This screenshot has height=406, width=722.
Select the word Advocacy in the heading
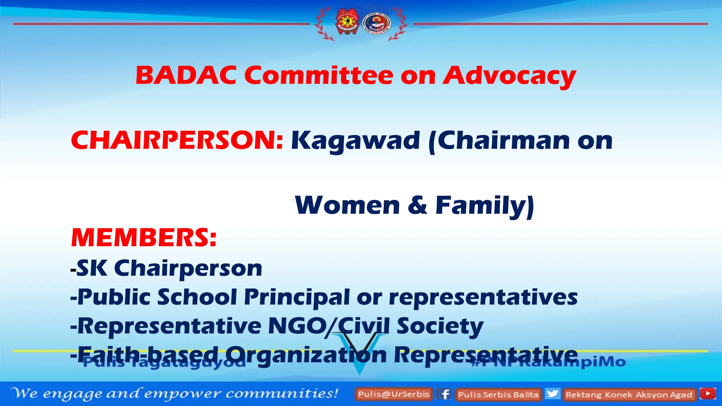click(509, 76)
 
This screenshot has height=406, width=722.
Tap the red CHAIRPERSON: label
click(177, 140)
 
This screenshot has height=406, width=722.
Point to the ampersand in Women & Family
click(417, 205)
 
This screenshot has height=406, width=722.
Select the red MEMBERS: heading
click(144, 238)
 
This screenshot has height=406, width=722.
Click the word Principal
click(297, 297)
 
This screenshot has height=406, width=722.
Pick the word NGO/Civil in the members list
click(329, 326)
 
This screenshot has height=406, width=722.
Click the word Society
click(440, 326)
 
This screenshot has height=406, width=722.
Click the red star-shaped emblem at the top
click(347, 22)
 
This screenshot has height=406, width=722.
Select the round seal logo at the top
click(377, 23)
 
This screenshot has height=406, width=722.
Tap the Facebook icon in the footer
click(445, 394)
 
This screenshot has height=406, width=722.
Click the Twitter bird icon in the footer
click(552, 393)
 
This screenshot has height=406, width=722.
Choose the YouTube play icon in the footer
click(708, 393)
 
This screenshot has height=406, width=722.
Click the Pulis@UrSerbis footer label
click(394, 394)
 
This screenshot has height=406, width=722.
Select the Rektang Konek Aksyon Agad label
click(629, 394)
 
